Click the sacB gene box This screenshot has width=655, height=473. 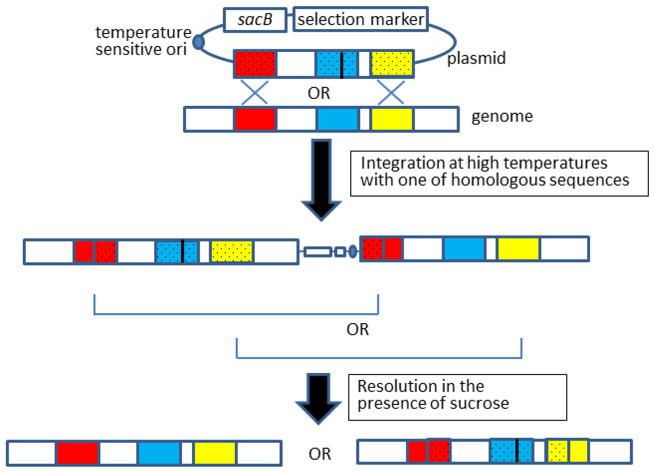pos(255,20)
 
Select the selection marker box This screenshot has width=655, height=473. pos(360,19)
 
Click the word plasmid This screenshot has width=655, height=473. pos(476,58)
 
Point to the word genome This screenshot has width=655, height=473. pos(502,117)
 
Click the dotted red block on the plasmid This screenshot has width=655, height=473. pos(255,64)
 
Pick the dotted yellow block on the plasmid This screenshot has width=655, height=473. pos(391,64)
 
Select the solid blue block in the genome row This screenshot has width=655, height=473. pos(337,119)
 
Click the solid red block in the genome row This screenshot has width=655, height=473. pos(255,119)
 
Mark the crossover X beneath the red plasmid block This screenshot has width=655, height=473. pos(254,92)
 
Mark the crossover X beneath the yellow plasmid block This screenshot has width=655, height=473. pos(391,92)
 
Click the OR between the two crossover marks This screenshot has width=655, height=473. pos(319,93)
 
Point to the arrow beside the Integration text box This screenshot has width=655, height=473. pos(321,179)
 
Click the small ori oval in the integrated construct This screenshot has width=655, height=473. pos(353,251)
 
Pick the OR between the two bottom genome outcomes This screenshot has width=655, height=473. pos(320,454)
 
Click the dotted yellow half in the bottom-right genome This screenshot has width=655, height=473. pos(557,451)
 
